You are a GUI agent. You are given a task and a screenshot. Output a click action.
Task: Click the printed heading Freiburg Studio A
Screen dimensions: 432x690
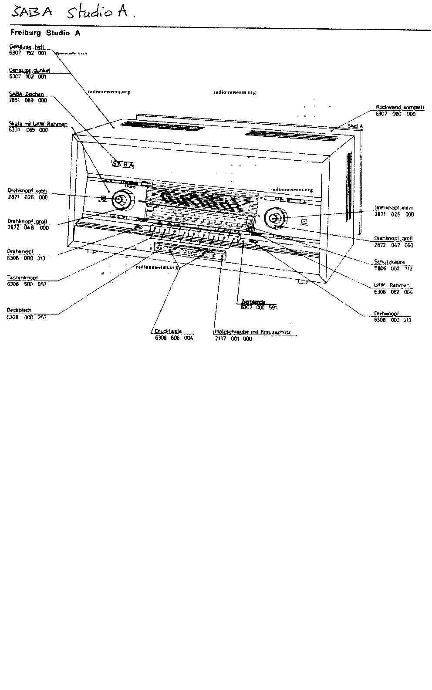[45, 33]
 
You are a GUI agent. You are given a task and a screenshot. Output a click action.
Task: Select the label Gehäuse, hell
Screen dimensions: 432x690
[27, 47]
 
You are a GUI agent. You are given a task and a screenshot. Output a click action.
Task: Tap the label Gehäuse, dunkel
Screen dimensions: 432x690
[29, 70]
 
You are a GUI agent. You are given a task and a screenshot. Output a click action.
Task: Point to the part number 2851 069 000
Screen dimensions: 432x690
[27, 100]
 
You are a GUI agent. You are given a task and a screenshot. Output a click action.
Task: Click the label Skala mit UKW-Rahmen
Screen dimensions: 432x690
[38, 124]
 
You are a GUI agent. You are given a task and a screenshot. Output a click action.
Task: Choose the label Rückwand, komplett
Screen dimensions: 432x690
[400, 107]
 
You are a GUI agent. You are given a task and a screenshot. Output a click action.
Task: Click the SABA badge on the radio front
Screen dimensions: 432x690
[123, 164]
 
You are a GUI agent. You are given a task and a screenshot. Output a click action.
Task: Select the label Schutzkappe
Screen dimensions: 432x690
[389, 262]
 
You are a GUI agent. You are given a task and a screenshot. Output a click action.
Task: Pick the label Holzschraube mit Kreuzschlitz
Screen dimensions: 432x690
[252, 331]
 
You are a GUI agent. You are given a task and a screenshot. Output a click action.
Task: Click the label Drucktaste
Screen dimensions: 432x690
[168, 331]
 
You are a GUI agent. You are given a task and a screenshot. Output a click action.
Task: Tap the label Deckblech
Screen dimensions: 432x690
[19, 310]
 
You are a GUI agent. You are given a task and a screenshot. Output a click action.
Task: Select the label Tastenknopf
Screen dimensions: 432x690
[22, 277]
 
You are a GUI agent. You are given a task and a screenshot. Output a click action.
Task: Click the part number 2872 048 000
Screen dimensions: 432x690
[28, 228]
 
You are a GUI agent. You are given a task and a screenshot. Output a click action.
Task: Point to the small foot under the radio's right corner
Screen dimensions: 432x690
[302, 282]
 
